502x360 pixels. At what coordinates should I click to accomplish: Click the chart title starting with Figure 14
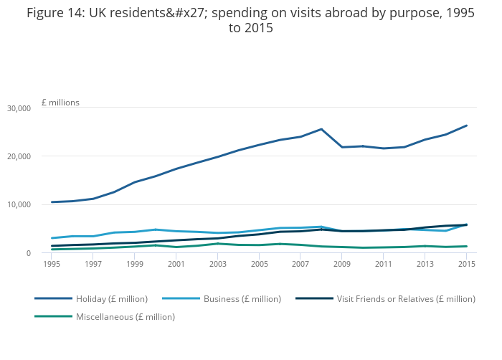[250, 20]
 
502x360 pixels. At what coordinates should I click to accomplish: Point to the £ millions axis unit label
[60, 103]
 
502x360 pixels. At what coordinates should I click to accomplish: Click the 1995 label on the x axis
[52, 264]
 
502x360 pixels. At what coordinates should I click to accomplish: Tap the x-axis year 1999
[135, 264]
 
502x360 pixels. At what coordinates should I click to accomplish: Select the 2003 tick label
[218, 264]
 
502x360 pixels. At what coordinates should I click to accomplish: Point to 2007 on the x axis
[301, 264]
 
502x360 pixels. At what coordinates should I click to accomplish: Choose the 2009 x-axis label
[343, 264]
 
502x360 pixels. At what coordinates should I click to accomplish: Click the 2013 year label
[426, 264]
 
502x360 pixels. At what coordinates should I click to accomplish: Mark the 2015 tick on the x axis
[468, 264]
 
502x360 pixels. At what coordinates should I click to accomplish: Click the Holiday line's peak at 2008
[322, 129]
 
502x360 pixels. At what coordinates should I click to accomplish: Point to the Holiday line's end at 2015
[468, 125]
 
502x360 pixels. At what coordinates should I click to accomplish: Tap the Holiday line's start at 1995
[52, 202]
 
